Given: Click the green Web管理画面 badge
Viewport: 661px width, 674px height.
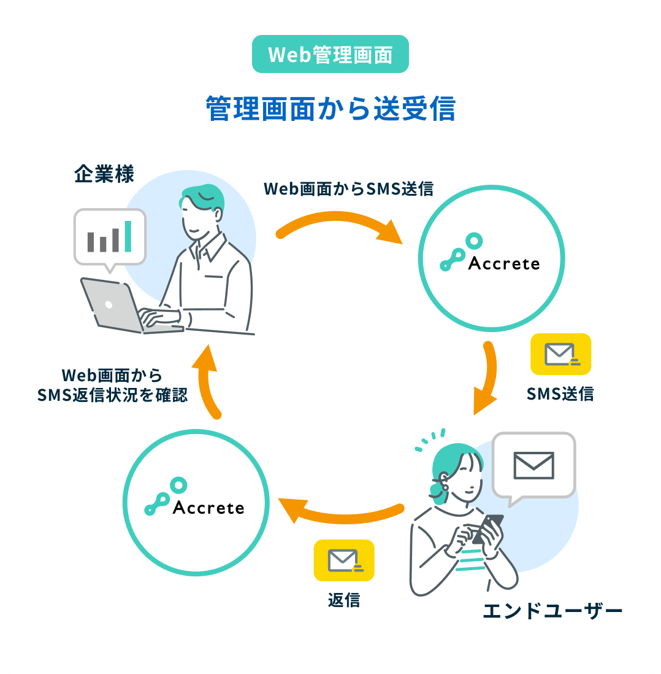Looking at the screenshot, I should (330, 54).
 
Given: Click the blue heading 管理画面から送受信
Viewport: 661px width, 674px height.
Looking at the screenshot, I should (330, 109).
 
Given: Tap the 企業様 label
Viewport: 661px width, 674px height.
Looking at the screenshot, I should (104, 174).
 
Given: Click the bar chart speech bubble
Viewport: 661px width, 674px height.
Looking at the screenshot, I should (110, 237).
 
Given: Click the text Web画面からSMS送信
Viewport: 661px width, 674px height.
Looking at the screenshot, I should (348, 189).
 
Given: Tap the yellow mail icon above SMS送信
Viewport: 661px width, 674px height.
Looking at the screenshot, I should (560, 354).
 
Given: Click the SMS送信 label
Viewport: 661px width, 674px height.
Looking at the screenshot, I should (560, 393).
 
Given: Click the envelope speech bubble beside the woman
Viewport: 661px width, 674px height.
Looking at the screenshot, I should (534, 465).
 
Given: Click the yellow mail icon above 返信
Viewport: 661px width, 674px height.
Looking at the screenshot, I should (343, 560).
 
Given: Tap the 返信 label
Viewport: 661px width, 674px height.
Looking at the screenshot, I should (343, 600).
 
